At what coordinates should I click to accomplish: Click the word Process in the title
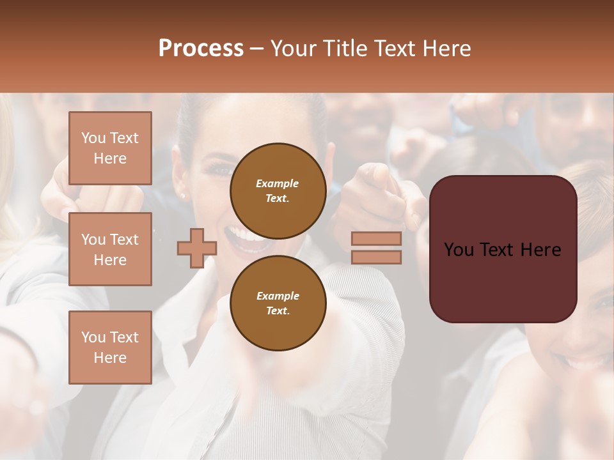tap(201, 49)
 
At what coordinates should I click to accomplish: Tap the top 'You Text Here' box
tap(110, 148)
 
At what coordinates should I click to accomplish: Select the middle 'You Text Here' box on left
tap(110, 249)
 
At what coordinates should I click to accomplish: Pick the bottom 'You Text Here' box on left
tap(110, 347)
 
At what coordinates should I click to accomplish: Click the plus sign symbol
tap(196, 248)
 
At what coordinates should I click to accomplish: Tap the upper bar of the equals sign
tap(376, 238)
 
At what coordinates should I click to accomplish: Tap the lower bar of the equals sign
tap(376, 257)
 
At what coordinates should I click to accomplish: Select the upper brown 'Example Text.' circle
tap(278, 190)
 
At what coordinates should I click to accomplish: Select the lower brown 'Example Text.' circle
tap(278, 303)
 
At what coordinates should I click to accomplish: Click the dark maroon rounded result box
tap(503, 249)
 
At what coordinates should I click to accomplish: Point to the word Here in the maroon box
tap(540, 250)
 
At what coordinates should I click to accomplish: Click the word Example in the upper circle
tap(278, 183)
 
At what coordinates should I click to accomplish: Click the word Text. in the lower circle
tap(278, 310)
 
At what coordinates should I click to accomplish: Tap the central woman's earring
tap(184, 195)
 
